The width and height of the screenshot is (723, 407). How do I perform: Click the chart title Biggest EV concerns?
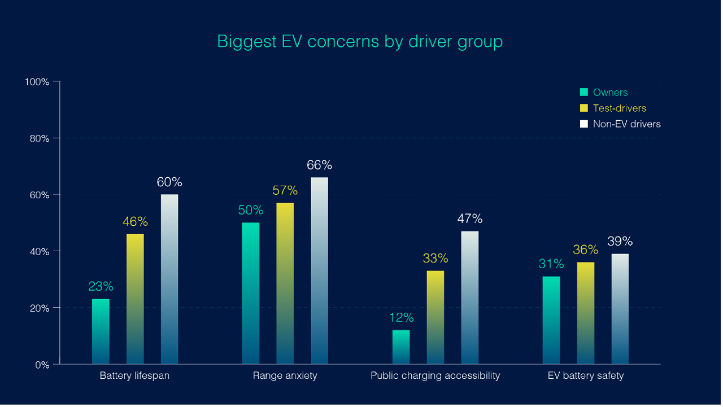(360, 42)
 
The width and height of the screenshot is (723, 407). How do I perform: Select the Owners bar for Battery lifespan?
(101, 331)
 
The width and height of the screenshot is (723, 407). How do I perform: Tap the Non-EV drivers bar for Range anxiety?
(319, 271)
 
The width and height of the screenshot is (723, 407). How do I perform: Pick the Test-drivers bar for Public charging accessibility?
(435, 317)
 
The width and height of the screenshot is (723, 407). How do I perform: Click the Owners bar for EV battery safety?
(551, 320)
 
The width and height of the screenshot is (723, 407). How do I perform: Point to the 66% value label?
(319, 165)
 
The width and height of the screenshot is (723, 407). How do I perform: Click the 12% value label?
(401, 318)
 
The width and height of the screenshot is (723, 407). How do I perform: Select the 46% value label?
(135, 222)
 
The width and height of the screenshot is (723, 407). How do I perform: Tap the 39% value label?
(620, 242)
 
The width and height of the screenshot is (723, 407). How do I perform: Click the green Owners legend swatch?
(584, 92)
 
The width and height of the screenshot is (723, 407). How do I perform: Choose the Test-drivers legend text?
(619, 108)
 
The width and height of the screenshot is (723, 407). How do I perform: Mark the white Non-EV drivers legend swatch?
(584, 124)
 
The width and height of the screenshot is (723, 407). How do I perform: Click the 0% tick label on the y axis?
(42, 365)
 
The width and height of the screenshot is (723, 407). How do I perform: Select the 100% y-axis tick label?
(37, 82)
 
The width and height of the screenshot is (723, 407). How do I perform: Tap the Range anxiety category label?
(285, 376)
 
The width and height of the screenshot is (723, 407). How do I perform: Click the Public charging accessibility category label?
(435, 376)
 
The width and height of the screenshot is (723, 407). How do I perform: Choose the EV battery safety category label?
(586, 376)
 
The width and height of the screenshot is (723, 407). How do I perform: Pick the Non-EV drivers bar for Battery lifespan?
(169, 279)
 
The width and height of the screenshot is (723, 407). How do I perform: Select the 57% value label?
(285, 191)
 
